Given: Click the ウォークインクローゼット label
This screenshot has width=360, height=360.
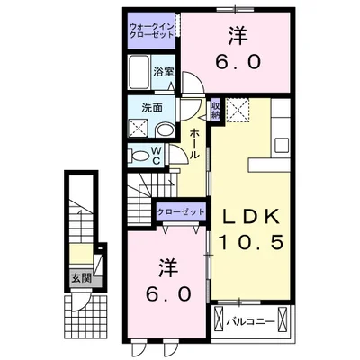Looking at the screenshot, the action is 151,31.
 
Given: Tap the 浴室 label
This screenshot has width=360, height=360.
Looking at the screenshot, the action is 164,72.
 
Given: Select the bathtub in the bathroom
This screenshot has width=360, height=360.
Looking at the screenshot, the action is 139,72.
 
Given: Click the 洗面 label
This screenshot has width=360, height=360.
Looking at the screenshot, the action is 152,108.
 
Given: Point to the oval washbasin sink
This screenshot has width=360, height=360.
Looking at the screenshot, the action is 165,130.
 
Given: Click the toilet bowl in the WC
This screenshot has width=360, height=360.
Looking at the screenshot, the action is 139,156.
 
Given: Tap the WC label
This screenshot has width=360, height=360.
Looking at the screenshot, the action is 157,156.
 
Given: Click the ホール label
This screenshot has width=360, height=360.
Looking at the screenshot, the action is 194,144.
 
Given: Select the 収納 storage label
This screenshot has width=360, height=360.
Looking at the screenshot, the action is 216,110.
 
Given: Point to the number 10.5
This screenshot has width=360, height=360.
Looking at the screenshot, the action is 251,242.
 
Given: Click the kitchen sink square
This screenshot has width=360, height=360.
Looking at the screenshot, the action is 283,146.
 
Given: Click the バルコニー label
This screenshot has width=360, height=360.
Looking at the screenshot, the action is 250,322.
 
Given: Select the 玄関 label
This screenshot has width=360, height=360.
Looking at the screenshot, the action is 81,279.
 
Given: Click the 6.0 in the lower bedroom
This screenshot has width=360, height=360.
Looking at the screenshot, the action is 168,293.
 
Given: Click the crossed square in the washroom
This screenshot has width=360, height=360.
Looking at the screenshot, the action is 138,129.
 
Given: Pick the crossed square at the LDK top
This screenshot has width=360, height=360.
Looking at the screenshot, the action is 238,110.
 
